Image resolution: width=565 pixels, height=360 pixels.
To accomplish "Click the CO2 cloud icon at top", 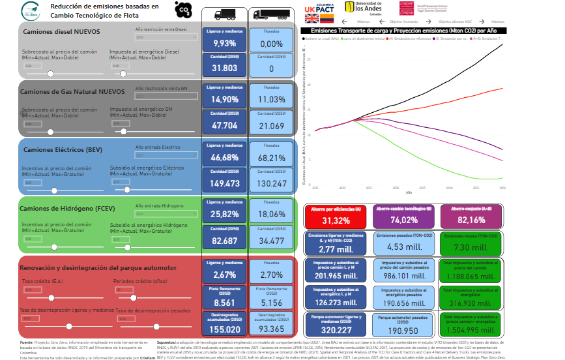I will coord(184,9).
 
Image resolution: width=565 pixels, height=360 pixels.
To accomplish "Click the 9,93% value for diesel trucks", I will coord(224,44).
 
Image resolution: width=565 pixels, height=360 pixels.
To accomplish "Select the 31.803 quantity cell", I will coord(224,68).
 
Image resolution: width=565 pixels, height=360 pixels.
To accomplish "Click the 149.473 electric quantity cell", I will coord(224,184).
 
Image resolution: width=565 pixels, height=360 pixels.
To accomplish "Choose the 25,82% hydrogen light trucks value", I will coord(224,215).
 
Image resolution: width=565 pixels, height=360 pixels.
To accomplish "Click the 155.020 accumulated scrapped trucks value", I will coord(224,330).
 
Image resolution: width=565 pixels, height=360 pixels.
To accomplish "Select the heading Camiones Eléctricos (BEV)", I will coord(55,150).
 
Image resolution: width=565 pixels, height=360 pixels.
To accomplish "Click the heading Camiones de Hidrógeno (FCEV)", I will coord(61,208).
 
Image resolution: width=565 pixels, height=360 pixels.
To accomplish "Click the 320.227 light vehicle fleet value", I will coord(336,330).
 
